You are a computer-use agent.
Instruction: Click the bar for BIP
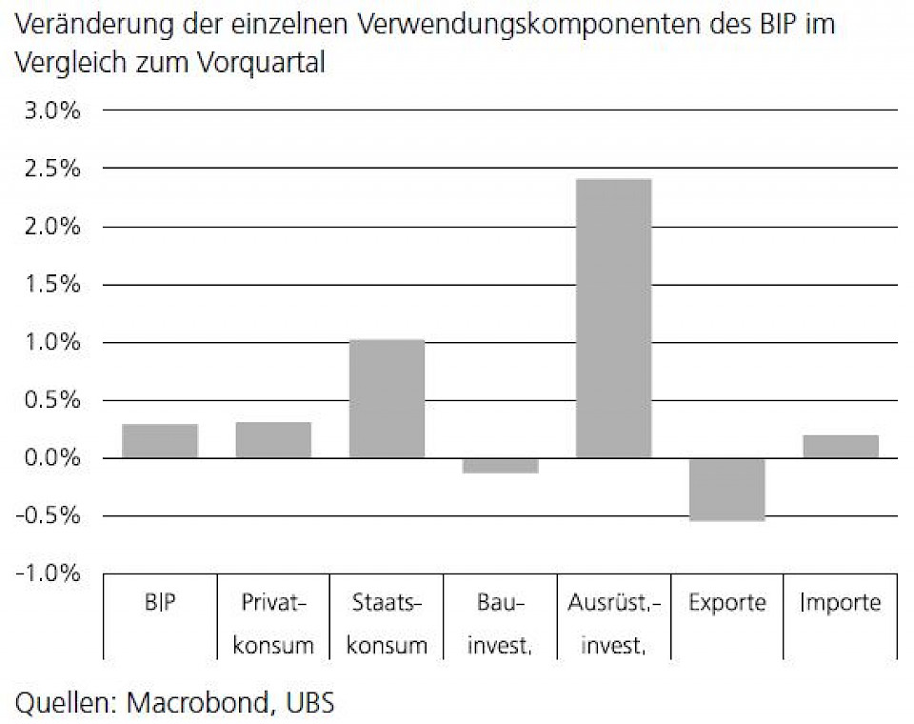160,441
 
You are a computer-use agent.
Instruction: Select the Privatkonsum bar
273,440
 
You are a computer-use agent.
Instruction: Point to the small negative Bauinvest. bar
500,466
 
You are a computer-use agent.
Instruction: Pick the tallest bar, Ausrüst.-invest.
614,318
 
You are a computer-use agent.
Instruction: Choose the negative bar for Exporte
727,490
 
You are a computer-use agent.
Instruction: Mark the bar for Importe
841,447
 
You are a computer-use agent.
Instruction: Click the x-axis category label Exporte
727,603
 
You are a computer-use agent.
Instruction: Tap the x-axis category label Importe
841,603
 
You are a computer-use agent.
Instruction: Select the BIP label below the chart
160,603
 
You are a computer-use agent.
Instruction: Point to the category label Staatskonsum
387,624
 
